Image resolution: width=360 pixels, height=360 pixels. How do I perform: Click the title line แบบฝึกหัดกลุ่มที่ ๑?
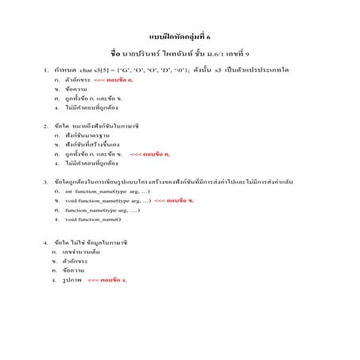point(180,37)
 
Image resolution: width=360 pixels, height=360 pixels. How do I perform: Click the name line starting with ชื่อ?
point(180,54)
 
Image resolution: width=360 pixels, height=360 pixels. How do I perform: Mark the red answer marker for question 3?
point(173,201)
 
